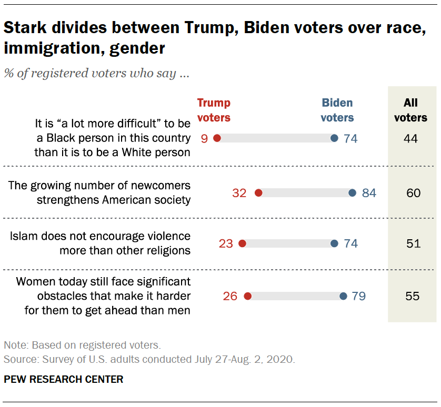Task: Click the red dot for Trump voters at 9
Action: (x=217, y=138)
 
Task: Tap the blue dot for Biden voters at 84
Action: (x=352, y=193)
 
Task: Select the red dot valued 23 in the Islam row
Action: (x=242, y=243)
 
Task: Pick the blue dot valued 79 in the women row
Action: (x=343, y=296)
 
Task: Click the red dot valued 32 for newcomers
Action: (x=258, y=193)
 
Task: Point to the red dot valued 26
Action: (x=248, y=296)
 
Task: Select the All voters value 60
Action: (x=413, y=193)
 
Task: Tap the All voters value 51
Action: (x=413, y=243)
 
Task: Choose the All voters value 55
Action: (x=413, y=296)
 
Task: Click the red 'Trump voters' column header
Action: (x=214, y=110)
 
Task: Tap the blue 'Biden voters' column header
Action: (x=337, y=110)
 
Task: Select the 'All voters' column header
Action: (x=411, y=110)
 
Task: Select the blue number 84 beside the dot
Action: (x=369, y=193)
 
